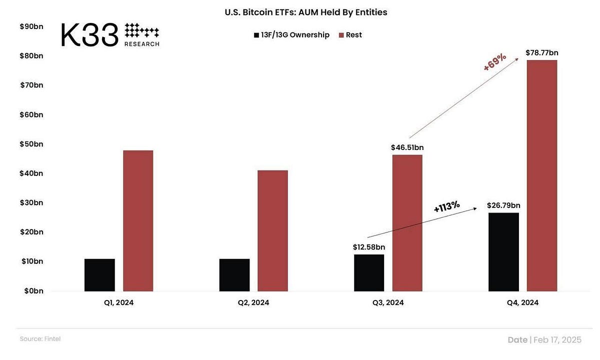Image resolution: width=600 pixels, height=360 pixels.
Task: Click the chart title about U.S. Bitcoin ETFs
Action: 306,12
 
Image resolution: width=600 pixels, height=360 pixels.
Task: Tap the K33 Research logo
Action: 110,35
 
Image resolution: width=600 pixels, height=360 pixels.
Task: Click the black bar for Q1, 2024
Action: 99,275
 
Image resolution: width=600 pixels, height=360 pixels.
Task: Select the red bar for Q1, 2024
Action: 138,220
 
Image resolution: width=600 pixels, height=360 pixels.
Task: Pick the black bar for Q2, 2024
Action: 234,275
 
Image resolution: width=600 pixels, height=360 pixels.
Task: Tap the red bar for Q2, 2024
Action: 272,230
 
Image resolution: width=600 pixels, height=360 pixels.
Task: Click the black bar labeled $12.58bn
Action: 369,272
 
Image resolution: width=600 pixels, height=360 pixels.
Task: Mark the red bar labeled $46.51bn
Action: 407,223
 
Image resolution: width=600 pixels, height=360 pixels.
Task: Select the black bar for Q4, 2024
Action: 503,252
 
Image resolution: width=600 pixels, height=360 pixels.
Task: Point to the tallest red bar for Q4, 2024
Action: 542,175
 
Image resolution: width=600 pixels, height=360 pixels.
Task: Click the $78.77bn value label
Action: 542,52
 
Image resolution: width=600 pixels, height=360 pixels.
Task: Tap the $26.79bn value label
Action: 503,205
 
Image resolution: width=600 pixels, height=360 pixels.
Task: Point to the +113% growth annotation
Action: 446,206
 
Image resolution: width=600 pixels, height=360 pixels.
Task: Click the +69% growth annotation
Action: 495,63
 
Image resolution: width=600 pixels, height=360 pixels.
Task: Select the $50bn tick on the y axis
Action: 31,144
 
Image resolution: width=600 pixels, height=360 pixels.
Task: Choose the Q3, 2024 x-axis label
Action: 388,302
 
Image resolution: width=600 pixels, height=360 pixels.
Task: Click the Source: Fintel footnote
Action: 40,339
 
